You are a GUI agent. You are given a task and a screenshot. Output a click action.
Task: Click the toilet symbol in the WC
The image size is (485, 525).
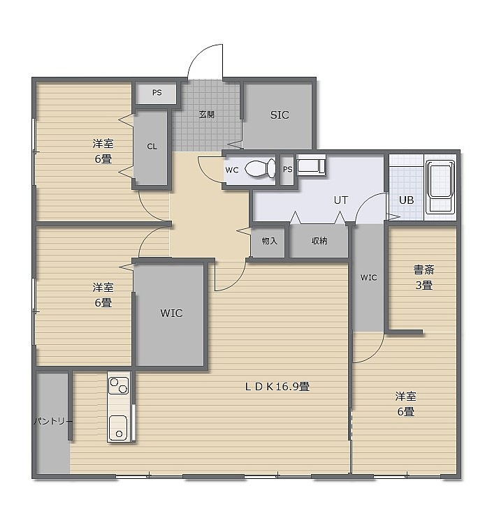[x=260, y=169]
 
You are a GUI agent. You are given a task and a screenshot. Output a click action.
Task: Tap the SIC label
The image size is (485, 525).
[x=280, y=114]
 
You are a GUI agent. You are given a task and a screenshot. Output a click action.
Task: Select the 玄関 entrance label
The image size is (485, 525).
[x=206, y=114]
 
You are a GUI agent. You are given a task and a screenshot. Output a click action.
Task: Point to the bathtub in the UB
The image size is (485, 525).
[x=440, y=187]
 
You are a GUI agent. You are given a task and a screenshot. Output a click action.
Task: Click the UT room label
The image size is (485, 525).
[x=341, y=200]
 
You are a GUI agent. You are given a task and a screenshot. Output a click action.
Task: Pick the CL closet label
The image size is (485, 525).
[x=152, y=147]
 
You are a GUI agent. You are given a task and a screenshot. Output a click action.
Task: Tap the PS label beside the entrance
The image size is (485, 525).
[x=157, y=92]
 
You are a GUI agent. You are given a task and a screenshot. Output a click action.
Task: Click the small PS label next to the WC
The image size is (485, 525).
[x=288, y=170]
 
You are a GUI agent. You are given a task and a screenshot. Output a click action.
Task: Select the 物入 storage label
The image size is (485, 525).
[x=270, y=241]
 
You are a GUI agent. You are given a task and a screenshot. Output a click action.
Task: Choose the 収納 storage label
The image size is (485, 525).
[x=319, y=241]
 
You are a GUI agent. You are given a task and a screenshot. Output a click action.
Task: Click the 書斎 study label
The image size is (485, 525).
[x=424, y=269]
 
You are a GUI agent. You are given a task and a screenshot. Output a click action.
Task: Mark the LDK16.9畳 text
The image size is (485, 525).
[x=277, y=387]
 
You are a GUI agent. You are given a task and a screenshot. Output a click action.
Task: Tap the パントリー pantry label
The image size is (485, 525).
[x=53, y=421]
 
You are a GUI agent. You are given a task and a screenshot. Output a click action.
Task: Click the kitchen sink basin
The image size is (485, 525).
[x=118, y=428]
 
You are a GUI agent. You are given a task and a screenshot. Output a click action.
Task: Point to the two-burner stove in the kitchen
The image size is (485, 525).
[x=119, y=385]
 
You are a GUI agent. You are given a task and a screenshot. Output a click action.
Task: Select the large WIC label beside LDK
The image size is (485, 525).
[x=171, y=313]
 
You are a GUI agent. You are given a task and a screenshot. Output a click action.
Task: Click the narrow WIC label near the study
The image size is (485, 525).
[x=368, y=278]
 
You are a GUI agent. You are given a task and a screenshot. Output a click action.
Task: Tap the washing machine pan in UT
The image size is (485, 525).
[x=311, y=165]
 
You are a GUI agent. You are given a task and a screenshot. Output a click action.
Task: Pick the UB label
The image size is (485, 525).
[x=406, y=200]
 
